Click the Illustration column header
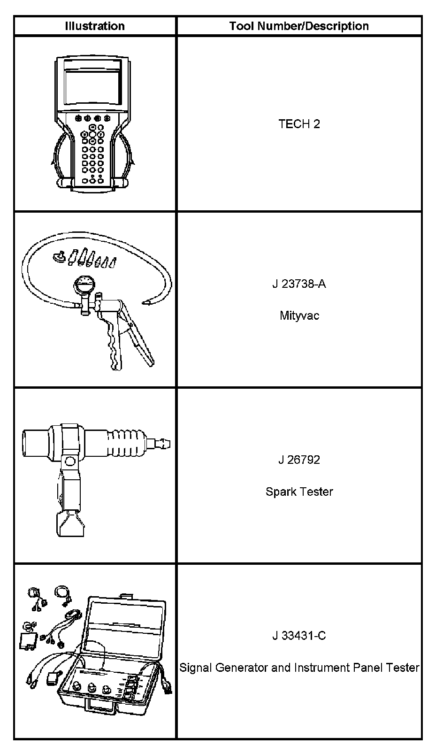click(x=95, y=26)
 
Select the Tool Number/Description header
click(x=299, y=26)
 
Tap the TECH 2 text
click(x=299, y=124)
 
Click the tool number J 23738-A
click(x=299, y=284)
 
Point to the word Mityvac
click(x=299, y=315)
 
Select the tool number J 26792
click(x=299, y=460)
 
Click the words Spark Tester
click(x=299, y=492)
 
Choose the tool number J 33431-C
click(x=299, y=636)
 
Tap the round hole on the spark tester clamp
click(x=70, y=462)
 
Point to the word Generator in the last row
click(x=242, y=667)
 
